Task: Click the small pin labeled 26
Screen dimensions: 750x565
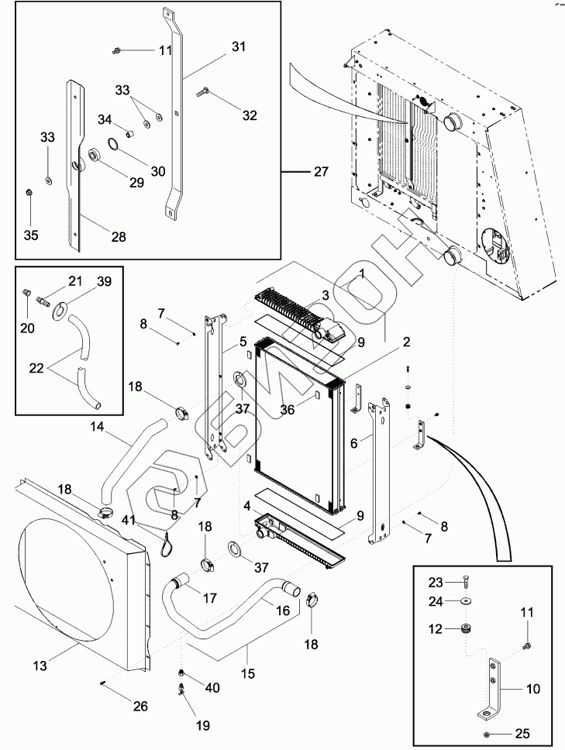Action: (x=103, y=682)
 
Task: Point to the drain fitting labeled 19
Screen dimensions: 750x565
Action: (x=182, y=692)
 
